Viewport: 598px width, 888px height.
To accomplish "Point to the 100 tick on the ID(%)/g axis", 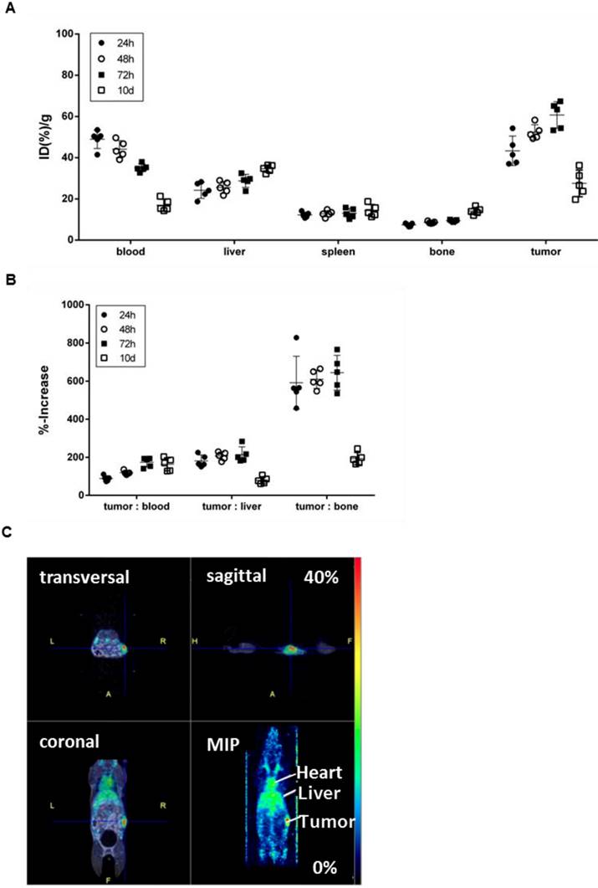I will [65, 34].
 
